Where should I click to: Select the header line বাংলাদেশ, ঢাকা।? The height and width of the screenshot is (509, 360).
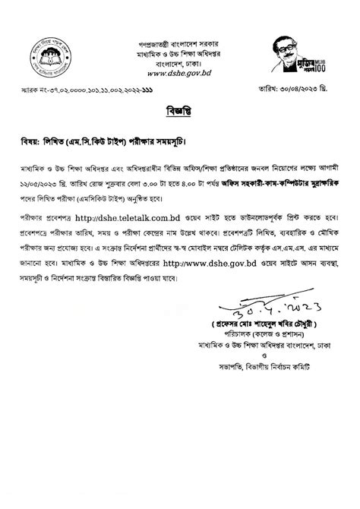(x=180, y=65)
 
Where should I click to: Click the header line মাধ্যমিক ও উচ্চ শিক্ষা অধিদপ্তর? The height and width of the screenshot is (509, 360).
(x=180, y=55)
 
